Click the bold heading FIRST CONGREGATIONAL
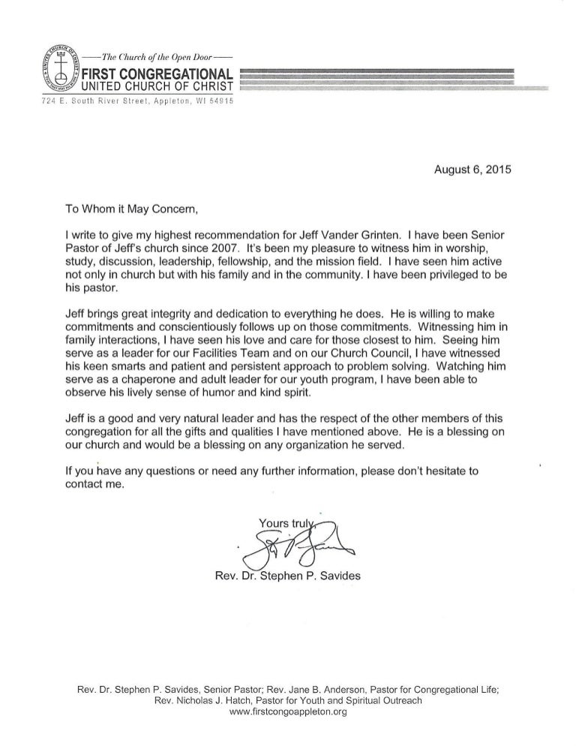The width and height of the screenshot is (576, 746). (159, 73)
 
